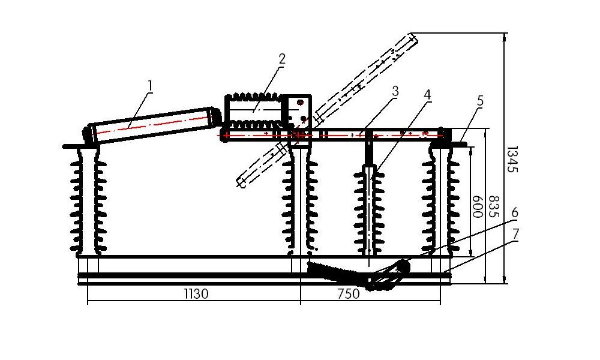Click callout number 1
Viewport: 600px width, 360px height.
pyautogui.click(x=151, y=86)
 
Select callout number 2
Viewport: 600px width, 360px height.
pyautogui.click(x=282, y=59)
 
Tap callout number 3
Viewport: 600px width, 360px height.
pyautogui.click(x=395, y=91)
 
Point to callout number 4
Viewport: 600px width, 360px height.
pyautogui.click(x=427, y=95)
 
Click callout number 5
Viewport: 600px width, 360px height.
pyautogui.click(x=480, y=101)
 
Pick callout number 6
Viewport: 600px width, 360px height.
pyautogui.click(x=515, y=213)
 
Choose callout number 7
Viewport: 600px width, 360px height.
pyautogui.click(x=515, y=233)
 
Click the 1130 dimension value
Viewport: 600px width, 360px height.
pyautogui.click(x=196, y=294)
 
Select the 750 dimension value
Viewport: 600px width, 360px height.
pyautogui.click(x=349, y=294)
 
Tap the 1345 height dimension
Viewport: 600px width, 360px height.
pyautogui.click(x=513, y=159)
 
